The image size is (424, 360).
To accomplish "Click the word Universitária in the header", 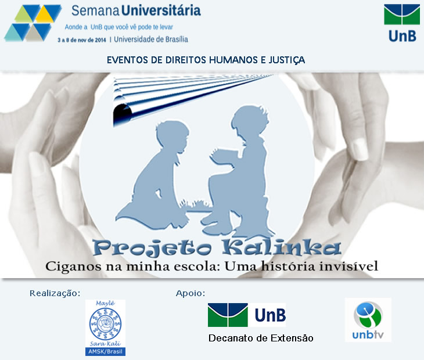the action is (x=161, y=10).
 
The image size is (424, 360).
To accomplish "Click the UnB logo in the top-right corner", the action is (x=402, y=23).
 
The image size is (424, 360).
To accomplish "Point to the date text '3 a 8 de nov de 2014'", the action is (x=82, y=40).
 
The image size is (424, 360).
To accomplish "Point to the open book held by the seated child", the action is (x=224, y=156).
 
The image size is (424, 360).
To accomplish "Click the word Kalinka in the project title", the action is (x=281, y=247).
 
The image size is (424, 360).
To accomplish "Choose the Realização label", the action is (x=55, y=293).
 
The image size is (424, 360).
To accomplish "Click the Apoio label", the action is (x=191, y=293).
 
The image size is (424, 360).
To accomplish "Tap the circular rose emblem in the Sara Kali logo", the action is (x=105, y=323).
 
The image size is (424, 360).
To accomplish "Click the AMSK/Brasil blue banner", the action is (x=105, y=351).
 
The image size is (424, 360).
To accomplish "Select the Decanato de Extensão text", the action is (x=261, y=338).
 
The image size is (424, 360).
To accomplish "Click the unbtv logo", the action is (x=368, y=320).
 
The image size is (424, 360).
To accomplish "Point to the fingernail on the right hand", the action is (x=360, y=149).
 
